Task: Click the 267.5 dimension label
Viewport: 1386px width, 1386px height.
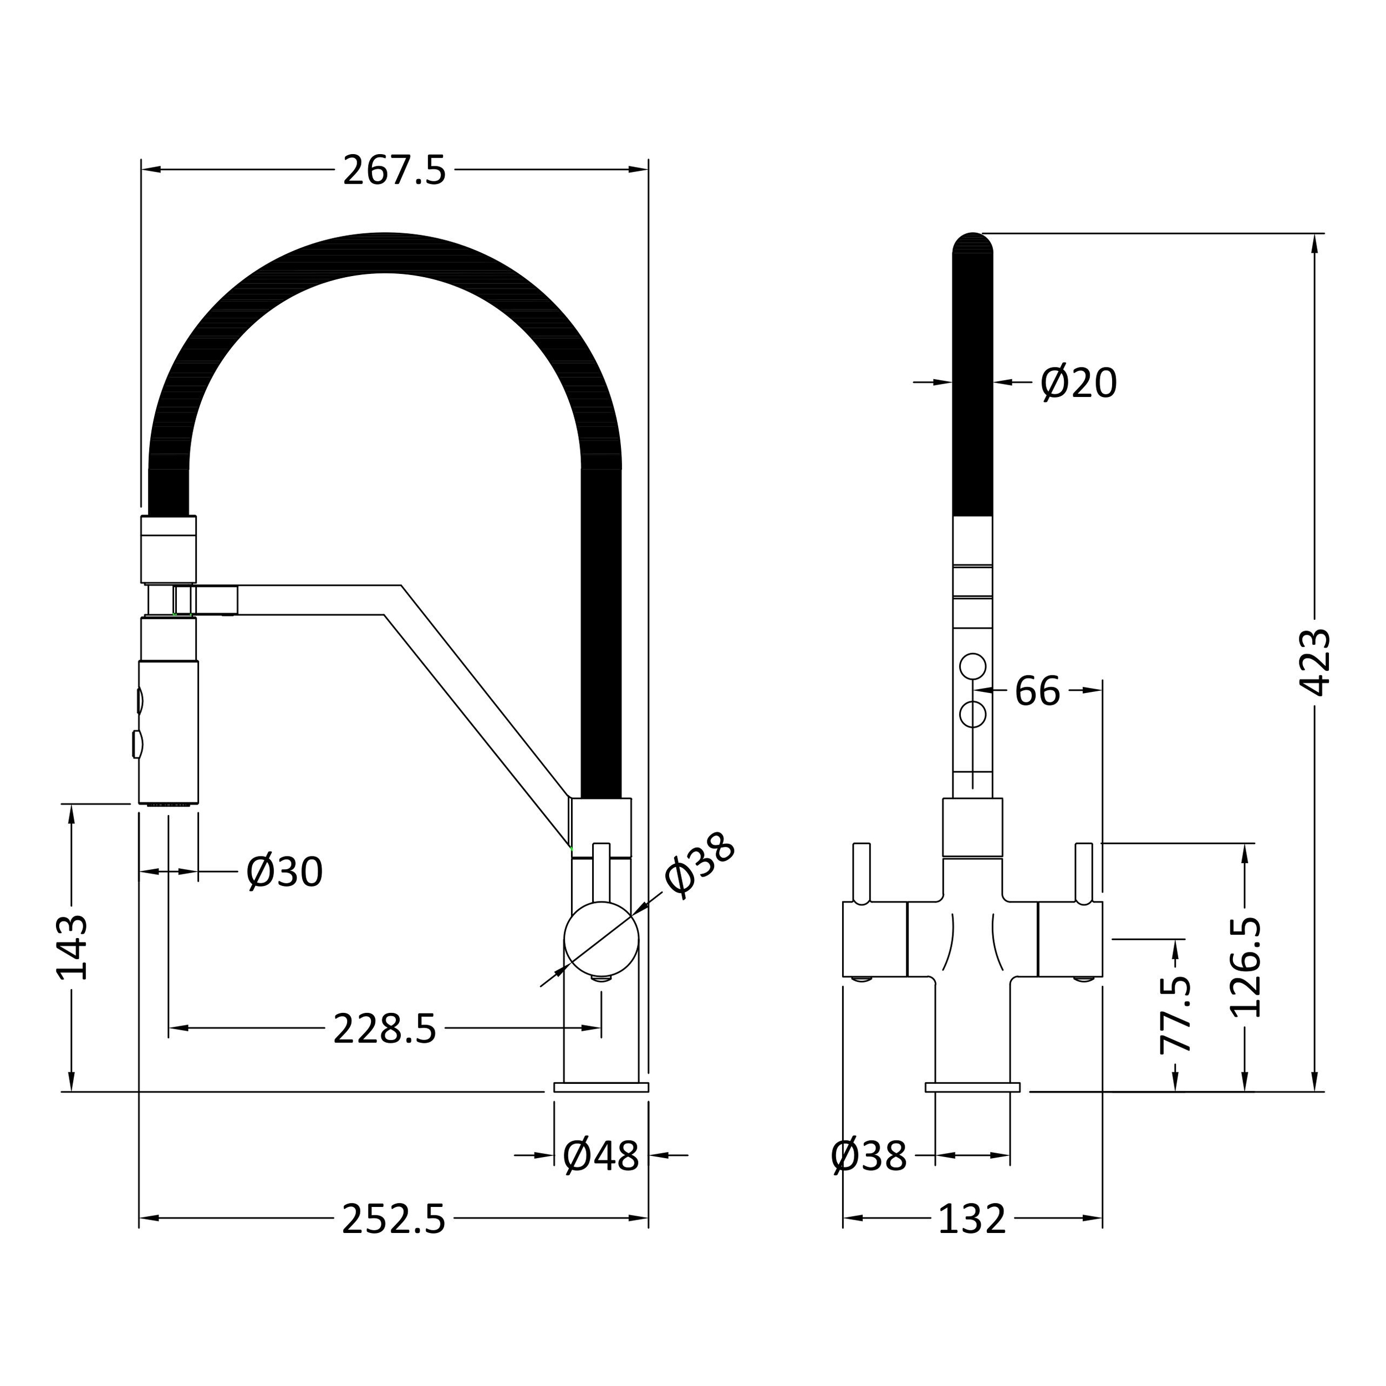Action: tap(395, 171)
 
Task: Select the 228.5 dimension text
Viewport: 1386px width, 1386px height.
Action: tap(385, 1029)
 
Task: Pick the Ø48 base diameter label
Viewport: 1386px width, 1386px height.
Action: tap(601, 1156)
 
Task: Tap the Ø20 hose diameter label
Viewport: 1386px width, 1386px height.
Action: tap(1079, 383)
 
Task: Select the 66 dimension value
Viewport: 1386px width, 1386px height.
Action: tap(1037, 691)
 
